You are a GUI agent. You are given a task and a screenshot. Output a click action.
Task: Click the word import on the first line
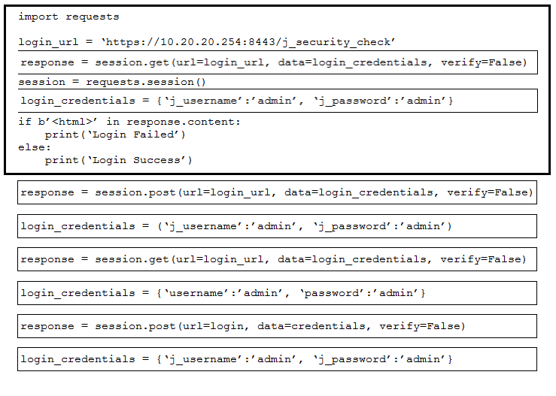pyautogui.click(x=38, y=17)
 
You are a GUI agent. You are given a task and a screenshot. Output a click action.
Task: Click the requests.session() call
pyautogui.click(x=145, y=82)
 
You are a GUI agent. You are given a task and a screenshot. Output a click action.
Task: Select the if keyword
pyautogui.click(x=25, y=122)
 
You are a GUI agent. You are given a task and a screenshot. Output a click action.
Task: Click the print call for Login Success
pyautogui.click(x=118, y=160)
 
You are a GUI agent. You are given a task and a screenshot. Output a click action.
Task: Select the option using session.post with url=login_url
pyautogui.click(x=277, y=192)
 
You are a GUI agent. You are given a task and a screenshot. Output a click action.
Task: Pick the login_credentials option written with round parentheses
pyautogui.click(x=277, y=226)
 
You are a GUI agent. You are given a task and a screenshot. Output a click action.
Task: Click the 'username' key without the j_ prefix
pyautogui.click(x=195, y=293)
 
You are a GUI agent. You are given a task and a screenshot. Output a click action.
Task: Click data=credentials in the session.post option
pyautogui.click(x=311, y=326)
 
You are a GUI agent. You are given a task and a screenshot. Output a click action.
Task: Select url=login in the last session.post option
pyautogui.click(x=212, y=326)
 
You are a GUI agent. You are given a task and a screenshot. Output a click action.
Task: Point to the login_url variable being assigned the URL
pyautogui.click(x=48, y=43)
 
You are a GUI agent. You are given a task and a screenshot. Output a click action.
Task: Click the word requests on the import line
pyautogui.click(x=93, y=17)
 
